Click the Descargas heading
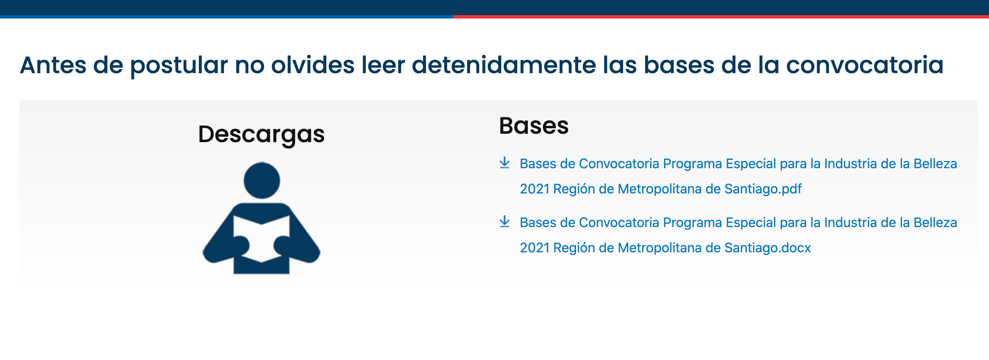pos(261,135)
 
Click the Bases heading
pos(534,126)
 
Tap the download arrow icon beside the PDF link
pos(505,163)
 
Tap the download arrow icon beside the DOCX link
pos(505,222)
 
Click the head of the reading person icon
pos(262,180)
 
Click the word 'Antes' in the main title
pos(53,65)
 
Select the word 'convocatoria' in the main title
pos(865,65)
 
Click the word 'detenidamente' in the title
pos(503,65)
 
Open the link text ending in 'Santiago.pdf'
pos(738,176)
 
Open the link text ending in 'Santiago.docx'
pos(738,235)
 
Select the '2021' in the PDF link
pos(534,189)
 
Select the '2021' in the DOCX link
pos(534,248)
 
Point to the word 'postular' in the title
pos(179,66)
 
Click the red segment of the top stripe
pos(721,17)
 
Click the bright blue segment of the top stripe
pos(226,17)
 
